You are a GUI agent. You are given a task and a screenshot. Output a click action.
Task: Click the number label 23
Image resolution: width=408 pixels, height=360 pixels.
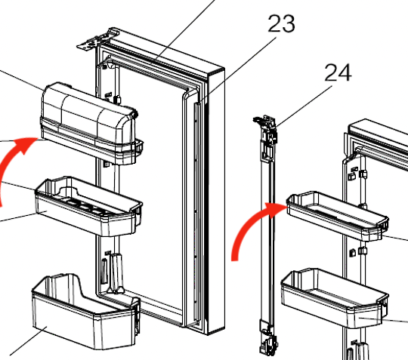coord(281,24)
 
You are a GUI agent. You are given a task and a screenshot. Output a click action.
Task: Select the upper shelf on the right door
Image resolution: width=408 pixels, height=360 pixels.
coord(335,214)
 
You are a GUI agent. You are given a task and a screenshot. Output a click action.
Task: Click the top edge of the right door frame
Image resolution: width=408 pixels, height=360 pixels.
coord(378,131)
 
